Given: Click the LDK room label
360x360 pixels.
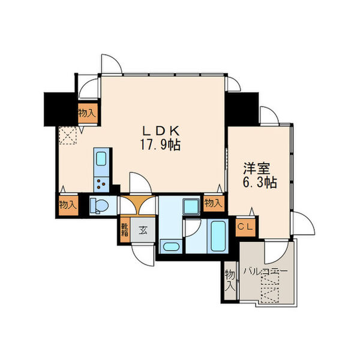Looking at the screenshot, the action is (x=160, y=131).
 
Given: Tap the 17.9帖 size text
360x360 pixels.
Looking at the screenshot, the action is (x=160, y=145).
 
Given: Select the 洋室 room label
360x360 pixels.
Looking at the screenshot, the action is (x=257, y=169).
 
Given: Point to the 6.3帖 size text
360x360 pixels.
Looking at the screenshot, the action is (x=259, y=182).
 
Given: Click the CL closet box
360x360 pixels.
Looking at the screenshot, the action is (x=245, y=227).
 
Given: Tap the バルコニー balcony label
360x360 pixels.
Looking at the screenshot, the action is (x=265, y=272).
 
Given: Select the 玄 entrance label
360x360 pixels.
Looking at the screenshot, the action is (x=143, y=230).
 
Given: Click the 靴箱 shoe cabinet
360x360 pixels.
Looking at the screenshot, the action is (x=125, y=230).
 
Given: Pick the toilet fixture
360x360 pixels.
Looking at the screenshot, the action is (x=99, y=205).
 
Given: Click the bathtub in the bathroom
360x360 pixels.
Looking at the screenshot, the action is (x=218, y=236).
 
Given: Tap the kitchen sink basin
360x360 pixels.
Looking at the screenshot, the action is (x=101, y=158).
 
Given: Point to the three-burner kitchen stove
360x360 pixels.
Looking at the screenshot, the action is (x=101, y=184).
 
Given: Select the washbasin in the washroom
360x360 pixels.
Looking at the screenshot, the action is (x=170, y=247).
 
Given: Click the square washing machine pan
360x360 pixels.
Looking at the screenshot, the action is (x=191, y=206).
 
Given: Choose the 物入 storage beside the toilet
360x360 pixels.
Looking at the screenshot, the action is (x=68, y=205).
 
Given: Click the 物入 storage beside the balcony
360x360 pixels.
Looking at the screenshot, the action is (x=230, y=281).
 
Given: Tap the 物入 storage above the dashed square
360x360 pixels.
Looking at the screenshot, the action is (x=88, y=113).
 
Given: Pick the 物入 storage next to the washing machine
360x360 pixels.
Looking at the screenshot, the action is (x=214, y=203).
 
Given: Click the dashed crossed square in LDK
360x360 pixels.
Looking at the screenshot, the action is (x=68, y=136).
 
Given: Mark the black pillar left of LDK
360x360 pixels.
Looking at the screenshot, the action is (x=59, y=109).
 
